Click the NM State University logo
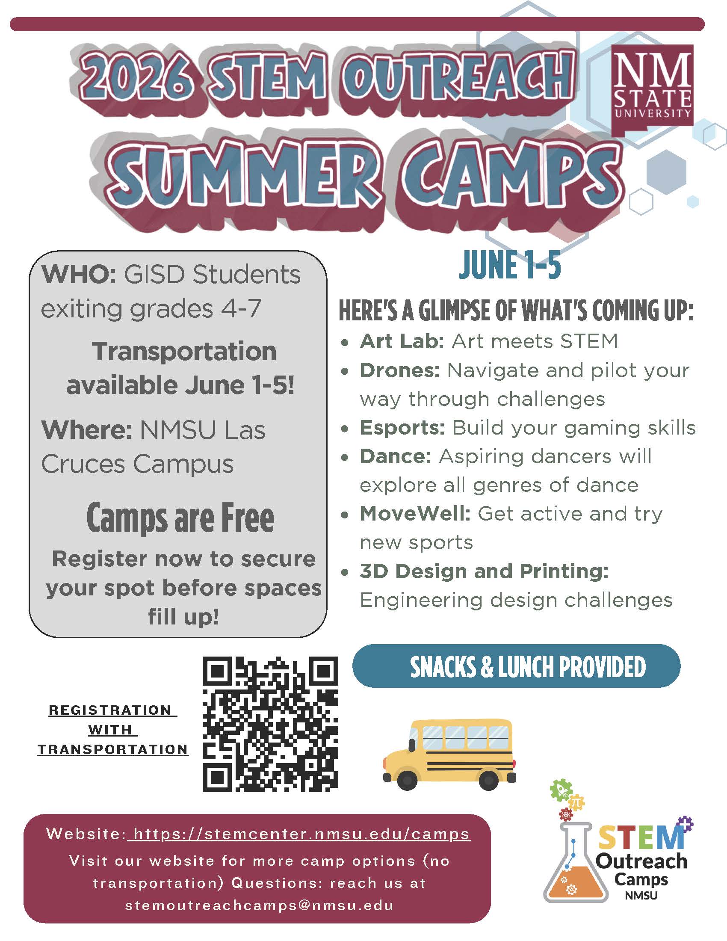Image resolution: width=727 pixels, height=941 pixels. coord(652,90)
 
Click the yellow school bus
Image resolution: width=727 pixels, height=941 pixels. coord(449,754)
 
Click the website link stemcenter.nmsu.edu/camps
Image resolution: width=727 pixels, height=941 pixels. coord(301,834)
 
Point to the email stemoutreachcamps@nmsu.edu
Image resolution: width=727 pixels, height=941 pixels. coord(259,905)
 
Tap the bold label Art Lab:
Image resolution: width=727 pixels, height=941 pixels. coord(402,341)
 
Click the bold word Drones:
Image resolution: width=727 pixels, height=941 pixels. coord(400,370)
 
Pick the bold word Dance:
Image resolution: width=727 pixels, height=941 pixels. coord(396,456)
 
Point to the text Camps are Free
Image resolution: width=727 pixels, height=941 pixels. coord(180,518)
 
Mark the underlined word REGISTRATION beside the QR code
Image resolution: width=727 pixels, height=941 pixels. coord(110,710)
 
